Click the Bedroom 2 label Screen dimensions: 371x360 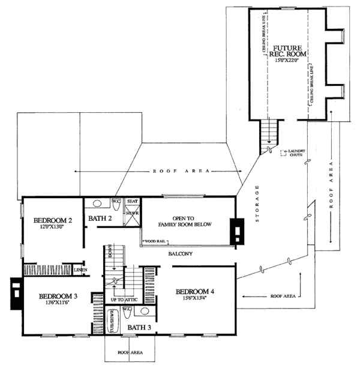click(52, 220)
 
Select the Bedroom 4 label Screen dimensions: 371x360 click(196, 292)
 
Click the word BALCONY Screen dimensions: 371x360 click(179, 254)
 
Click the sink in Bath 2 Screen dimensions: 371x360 click(97, 204)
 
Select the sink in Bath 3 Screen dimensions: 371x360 click(143, 312)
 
